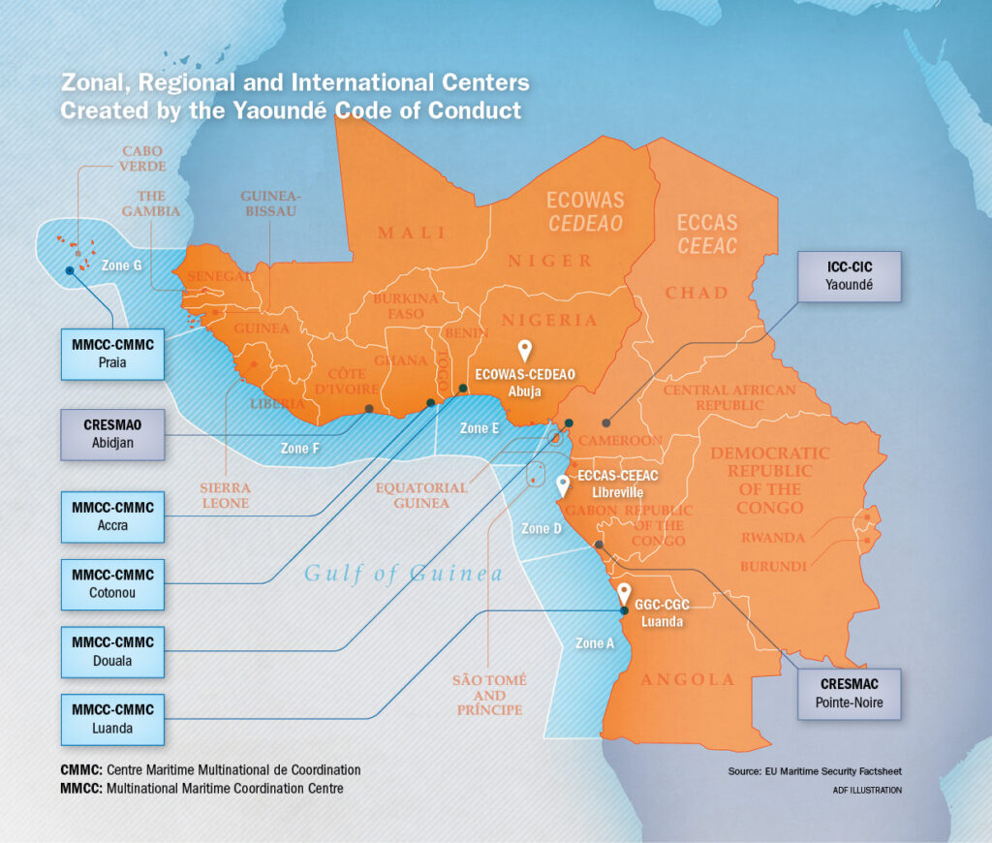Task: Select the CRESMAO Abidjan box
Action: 112,434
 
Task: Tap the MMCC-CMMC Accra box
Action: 112,516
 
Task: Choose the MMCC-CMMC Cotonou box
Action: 112,583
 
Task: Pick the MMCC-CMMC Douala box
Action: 112,651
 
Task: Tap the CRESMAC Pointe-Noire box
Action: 850,694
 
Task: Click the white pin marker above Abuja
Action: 525,350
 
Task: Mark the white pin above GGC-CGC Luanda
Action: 624,591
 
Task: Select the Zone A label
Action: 594,642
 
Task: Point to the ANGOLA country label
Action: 688,679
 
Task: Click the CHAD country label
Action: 696,293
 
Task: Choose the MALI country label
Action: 412,233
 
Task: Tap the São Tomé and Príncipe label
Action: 490,695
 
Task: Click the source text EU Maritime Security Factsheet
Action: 815,771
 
